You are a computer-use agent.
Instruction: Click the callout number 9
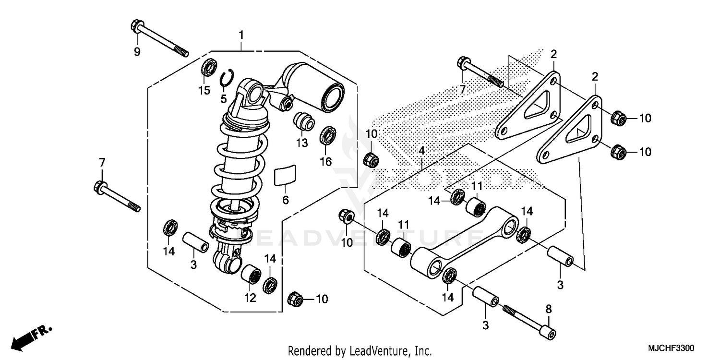137,52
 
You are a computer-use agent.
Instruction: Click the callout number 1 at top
241,35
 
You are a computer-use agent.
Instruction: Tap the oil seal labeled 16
328,135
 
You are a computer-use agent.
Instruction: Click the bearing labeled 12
251,275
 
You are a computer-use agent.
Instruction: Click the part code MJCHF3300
671,347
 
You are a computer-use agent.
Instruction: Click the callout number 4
421,151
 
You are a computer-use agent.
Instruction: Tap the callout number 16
326,162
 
